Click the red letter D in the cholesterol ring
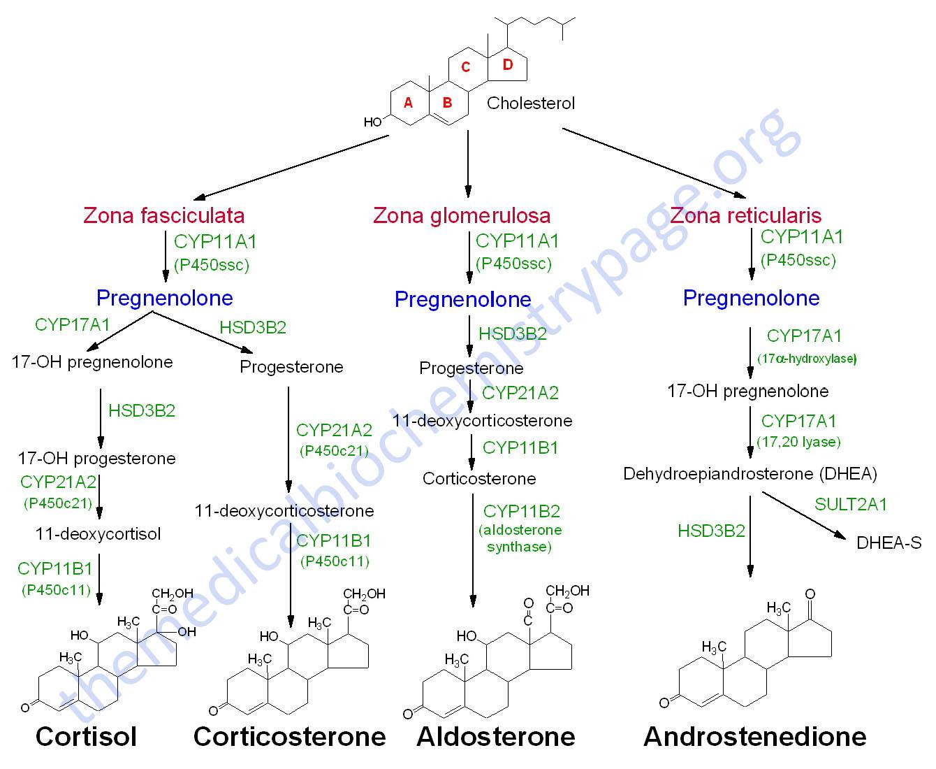coord(507,65)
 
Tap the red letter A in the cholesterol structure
coord(408,103)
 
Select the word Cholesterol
coord(530,103)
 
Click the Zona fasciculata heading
coord(163,216)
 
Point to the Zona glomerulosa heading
coord(462,216)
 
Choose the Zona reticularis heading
coord(745,216)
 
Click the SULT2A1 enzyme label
coord(850,504)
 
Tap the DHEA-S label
coord(889,543)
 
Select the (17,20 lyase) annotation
coord(798,442)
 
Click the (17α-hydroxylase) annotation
coord(807,359)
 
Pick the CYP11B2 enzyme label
coord(522,512)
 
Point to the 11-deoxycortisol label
coord(98,534)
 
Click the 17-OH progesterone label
coord(97,459)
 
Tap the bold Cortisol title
coord(86,737)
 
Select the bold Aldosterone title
coord(496,737)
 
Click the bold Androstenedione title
coord(755,737)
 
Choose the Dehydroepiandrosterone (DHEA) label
coord(750,474)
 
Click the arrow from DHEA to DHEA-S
coord(804,515)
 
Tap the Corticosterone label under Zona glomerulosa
coord(479,479)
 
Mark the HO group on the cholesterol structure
coord(373,122)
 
